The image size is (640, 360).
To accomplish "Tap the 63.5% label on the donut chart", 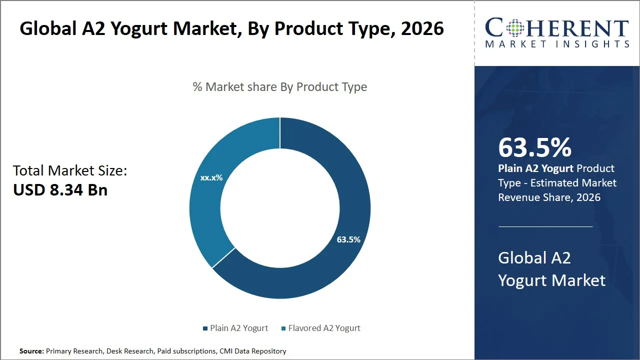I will [x=348, y=239].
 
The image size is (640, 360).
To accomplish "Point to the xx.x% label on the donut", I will [x=211, y=177].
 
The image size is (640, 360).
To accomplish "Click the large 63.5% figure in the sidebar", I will [x=534, y=147].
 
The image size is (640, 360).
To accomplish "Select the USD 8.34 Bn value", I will [x=60, y=190].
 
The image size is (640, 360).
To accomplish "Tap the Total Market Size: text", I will [x=70, y=171].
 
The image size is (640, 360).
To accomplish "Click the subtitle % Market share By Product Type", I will [x=280, y=87].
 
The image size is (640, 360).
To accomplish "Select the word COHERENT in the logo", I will [x=557, y=27].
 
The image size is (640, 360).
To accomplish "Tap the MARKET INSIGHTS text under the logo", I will [x=557, y=44].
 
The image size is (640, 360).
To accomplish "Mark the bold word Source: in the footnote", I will [x=31, y=351].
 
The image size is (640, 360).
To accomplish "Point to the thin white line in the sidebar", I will [x=545, y=226].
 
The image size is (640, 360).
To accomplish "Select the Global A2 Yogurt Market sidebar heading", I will [x=551, y=269].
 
